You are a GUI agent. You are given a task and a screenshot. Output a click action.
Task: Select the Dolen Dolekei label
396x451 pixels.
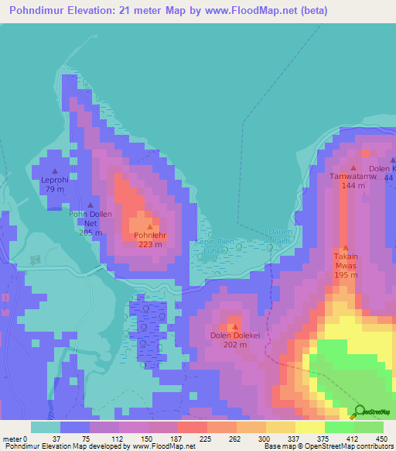click(233, 335)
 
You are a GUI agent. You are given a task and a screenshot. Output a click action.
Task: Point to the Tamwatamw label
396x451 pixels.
click(353, 177)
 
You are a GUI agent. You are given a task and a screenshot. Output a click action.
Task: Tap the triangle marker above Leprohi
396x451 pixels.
click(54, 170)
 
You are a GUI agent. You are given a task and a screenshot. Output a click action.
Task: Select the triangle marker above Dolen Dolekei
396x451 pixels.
click(234, 325)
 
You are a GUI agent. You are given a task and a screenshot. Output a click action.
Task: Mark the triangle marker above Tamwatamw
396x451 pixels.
click(353, 167)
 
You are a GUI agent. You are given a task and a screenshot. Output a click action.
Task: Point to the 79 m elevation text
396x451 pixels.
click(54, 189)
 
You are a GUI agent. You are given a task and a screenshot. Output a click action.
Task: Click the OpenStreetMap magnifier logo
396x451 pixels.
click(359, 411)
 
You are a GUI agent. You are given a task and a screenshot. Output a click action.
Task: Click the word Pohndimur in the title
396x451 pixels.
click(39, 11)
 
